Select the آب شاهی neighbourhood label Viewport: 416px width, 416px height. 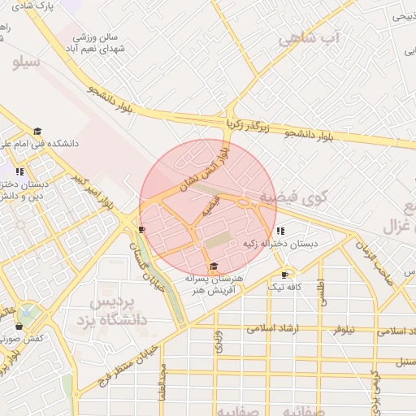308,39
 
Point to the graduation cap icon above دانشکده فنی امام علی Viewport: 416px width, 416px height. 37,131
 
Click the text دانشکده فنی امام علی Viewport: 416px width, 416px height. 49,143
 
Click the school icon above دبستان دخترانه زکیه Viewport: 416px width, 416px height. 280,231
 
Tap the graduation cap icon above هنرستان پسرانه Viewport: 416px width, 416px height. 214,266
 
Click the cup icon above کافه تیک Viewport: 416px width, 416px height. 284,275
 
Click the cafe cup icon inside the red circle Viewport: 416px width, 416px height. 143,229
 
